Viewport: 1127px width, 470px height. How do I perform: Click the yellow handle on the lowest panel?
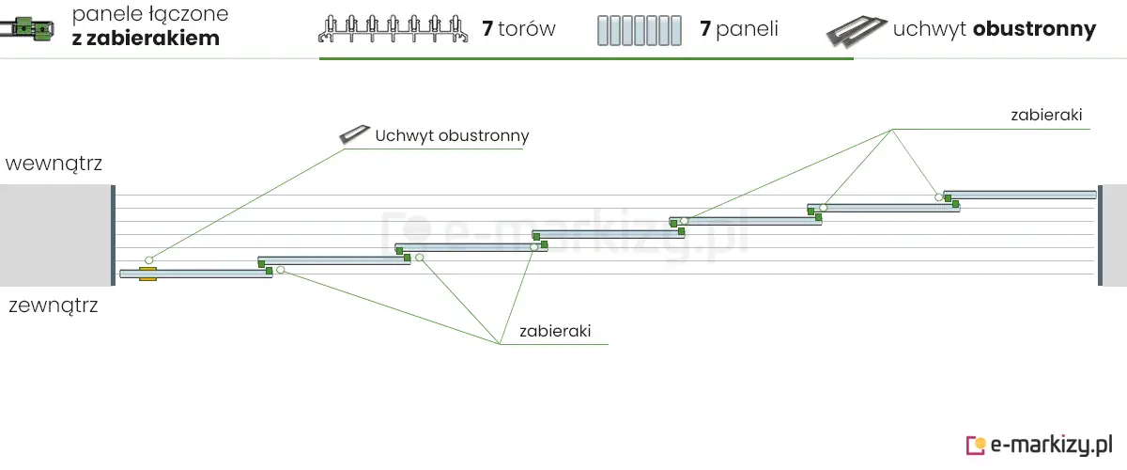147,274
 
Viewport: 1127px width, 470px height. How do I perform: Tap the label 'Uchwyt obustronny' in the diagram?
452,135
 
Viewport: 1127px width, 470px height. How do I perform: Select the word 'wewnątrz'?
54,164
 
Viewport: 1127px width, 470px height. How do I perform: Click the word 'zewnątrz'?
54,305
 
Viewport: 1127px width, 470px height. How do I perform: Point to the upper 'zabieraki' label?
1046,116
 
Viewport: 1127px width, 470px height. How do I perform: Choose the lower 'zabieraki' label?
554,331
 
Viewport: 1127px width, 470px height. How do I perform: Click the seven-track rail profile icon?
394,30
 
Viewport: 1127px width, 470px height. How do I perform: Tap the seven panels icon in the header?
639,30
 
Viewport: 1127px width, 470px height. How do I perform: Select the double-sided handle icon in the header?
855,30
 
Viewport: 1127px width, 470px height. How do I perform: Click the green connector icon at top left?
28,29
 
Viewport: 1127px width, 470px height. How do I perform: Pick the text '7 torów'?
518,29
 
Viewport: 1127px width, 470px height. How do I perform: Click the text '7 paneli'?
738,29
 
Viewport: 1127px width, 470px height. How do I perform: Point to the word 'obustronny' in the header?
1034,29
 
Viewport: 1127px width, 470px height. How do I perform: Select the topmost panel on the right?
1022,195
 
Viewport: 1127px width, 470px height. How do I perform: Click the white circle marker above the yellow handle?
148,259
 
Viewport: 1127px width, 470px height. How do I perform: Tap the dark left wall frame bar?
113,235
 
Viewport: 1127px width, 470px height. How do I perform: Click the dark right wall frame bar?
1100,235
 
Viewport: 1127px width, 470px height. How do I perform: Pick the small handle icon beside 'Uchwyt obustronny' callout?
354,134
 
